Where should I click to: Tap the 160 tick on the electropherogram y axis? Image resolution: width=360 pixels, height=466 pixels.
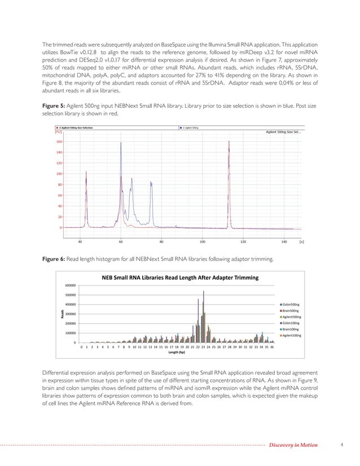pyautogui.click(x=58, y=142)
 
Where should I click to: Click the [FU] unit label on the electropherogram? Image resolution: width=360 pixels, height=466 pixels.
pyautogui.click(x=58, y=132)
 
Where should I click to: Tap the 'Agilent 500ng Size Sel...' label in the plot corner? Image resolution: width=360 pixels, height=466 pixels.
pyautogui.click(x=283, y=132)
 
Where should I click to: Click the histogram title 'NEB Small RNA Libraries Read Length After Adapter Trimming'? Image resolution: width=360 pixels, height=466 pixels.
pyautogui.click(x=179, y=278)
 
